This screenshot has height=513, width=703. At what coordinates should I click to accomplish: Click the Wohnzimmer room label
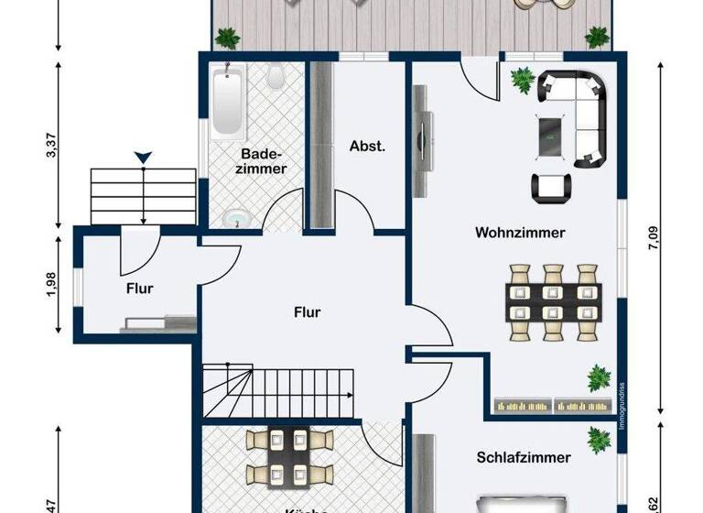coord(519,233)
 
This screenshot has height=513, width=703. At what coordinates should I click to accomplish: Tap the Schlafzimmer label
coord(523,457)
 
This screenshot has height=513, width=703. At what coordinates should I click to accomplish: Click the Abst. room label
coord(367,146)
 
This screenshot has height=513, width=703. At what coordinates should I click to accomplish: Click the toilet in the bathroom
coord(274,79)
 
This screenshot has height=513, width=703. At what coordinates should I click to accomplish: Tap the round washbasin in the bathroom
coord(237,219)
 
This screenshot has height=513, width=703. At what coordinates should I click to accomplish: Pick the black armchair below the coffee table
coord(550,188)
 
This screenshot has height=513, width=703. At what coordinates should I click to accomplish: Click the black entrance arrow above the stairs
coord(143,159)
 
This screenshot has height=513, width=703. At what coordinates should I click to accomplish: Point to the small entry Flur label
coord(140,288)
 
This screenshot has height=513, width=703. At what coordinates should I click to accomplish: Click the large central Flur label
coord(307,312)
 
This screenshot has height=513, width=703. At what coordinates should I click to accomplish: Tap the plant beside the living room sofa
coord(523,81)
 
